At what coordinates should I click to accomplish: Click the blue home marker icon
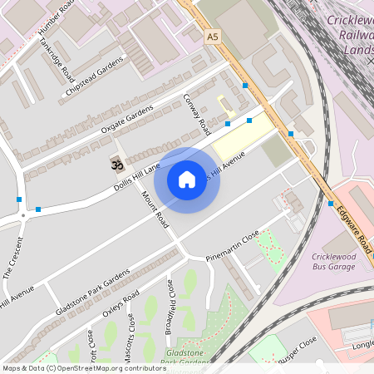187,179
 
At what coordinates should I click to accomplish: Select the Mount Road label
155,210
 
